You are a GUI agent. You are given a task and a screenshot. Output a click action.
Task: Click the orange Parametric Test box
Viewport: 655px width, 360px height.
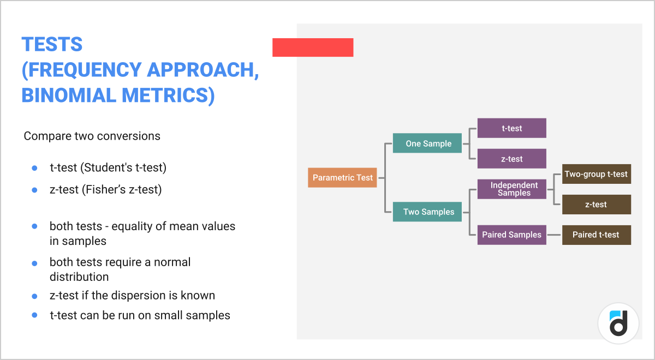(x=342, y=178)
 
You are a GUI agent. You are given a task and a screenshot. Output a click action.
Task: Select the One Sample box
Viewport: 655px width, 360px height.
(x=428, y=143)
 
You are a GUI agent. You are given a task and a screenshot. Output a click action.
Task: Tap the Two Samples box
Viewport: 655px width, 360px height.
(x=428, y=212)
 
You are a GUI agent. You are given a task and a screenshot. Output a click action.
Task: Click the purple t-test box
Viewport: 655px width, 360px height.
(x=511, y=128)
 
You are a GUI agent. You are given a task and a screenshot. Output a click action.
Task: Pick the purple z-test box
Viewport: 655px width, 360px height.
(x=511, y=159)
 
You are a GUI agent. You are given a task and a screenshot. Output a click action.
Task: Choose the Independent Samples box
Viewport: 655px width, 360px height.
(x=511, y=189)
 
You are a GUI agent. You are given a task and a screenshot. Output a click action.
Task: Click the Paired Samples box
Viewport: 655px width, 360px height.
(x=511, y=235)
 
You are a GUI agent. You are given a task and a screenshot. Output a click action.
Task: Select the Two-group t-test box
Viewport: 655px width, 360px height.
(x=596, y=174)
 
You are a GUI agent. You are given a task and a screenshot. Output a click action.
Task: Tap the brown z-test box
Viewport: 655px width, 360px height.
(x=596, y=205)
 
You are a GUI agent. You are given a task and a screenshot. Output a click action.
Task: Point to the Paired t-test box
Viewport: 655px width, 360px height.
(x=596, y=235)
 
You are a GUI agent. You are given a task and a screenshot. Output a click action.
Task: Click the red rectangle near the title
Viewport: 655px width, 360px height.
(x=313, y=47)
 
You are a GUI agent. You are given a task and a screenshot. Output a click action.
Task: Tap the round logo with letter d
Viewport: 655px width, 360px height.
(x=618, y=323)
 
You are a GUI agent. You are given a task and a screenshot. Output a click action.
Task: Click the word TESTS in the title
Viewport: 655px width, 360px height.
(x=52, y=44)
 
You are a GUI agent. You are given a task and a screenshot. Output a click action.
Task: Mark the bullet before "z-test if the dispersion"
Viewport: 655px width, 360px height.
(x=34, y=296)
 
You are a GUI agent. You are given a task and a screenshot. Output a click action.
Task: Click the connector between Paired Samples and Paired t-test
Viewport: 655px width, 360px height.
(x=554, y=235)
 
